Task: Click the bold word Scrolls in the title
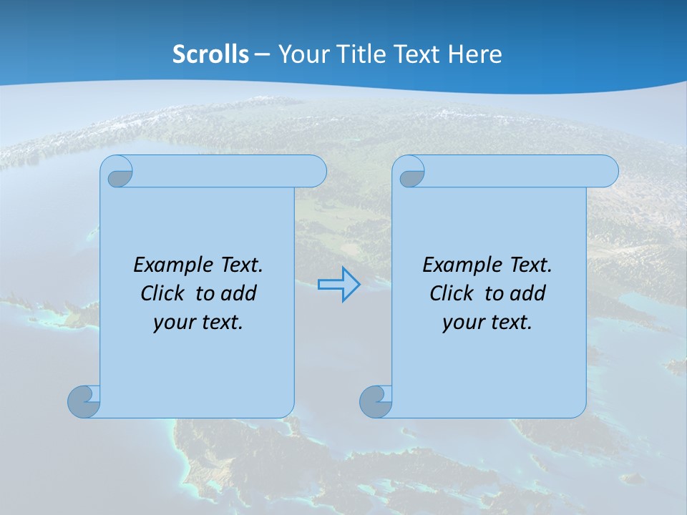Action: (x=210, y=54)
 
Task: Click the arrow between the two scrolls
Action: (x=338, y=285)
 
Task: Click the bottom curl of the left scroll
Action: (x=84, y=402)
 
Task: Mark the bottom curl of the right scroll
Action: (x=375, y=402)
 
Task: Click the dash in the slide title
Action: (x=262, y=54)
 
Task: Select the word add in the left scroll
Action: (x=239, y=293)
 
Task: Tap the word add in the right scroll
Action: (x=528, y=293)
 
